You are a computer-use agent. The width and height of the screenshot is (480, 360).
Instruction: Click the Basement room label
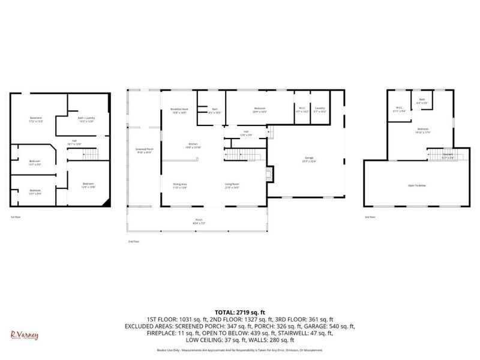click(x=35, y=119)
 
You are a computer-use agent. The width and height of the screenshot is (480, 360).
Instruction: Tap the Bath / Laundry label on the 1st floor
click(x=86, y=119)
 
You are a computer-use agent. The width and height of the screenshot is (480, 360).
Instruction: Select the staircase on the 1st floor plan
click(x=89, y=155)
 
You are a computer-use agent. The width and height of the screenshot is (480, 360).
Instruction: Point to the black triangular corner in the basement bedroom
click(x=106, y=200)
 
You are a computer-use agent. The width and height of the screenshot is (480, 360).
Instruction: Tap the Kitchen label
click(x=193, y=146)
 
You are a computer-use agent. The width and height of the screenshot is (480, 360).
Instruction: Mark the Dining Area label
click(x=180, y=185)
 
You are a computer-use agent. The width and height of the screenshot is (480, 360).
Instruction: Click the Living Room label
click(x=232, y=185)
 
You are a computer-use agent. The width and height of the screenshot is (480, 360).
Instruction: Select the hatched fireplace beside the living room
click(x=269, y=175)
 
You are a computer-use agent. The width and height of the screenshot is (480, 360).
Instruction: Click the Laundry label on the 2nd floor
click(x=320, y=109)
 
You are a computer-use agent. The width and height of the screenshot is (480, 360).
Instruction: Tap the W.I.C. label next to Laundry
click(x=302, y=109)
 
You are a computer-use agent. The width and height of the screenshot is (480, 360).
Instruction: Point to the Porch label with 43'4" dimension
click(x=198, y=221)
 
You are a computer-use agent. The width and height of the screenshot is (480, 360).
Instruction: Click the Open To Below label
click(x=417, y=185)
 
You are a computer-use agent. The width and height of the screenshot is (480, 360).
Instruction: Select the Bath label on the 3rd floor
click(x=422, y=101)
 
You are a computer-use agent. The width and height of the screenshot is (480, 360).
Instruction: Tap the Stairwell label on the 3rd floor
click(x=448, y=155)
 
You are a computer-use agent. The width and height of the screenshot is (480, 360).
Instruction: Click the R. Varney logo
click(x=24, y=335)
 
